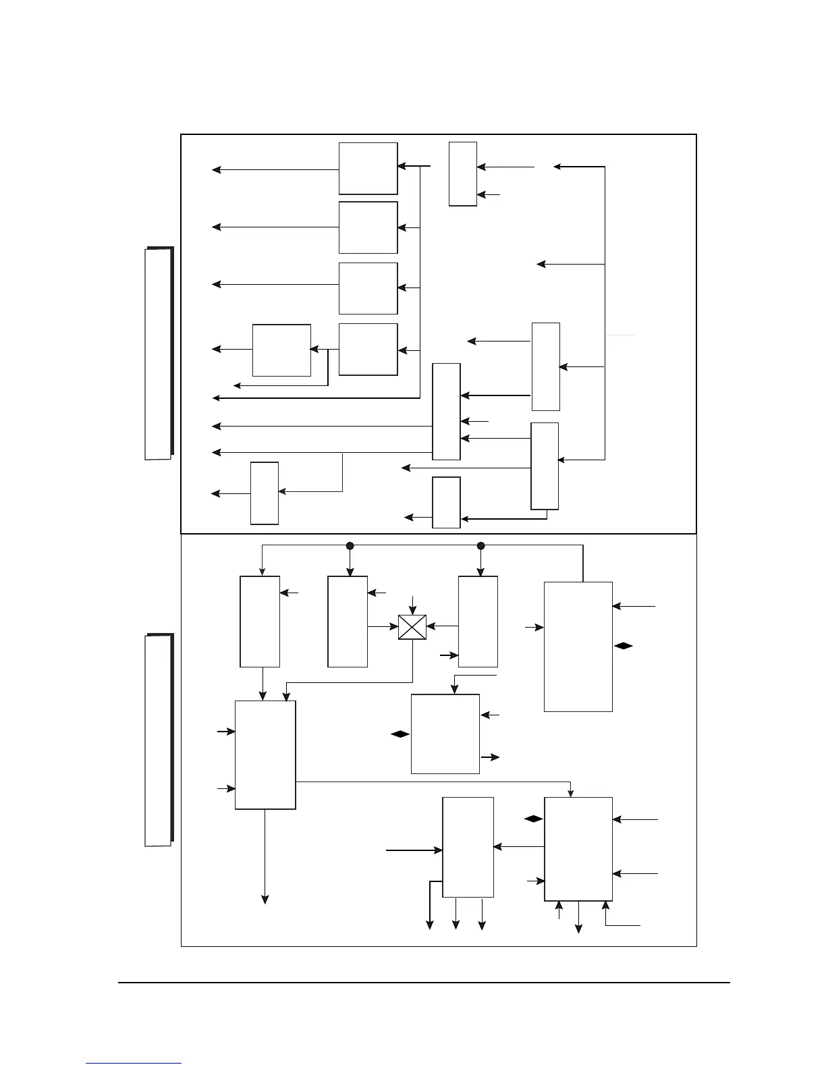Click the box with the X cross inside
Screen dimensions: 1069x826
tap(412, 627)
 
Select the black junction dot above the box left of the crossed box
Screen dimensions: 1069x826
tap(350, 545)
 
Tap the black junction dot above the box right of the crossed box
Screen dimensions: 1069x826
tap(480, 545)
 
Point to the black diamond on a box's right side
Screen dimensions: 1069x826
tap(624, 647)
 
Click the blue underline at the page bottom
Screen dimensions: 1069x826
tap(134, 1064)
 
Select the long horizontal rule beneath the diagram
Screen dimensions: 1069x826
tap(424, 983)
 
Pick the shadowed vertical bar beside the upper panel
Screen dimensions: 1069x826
tap(159, 354)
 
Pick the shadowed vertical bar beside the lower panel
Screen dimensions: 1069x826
tap(159, 740)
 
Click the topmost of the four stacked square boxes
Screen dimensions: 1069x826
tap(368, 169)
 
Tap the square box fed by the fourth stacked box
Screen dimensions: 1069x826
tap(281, 350)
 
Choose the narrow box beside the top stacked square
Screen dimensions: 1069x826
tap(463, 174)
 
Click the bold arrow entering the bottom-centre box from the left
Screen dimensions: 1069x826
tap(414, 851)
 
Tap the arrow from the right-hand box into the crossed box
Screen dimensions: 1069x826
tap(442, 627)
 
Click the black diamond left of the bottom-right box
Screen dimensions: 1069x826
tap(533, 819)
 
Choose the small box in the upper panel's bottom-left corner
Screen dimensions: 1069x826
tap(265, 493)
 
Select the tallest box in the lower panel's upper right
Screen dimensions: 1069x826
tap(578, 647)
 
